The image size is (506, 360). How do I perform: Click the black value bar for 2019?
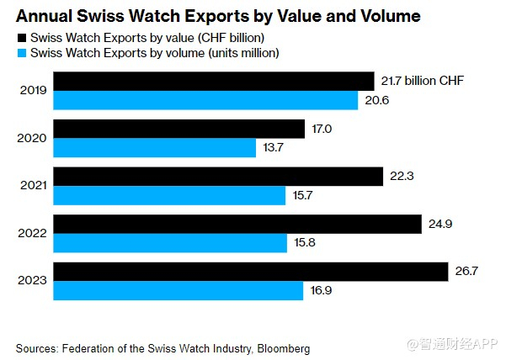coord(214,81)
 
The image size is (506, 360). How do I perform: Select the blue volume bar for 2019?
coord(205,100)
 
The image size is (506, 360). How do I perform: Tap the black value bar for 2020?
coord(179,129)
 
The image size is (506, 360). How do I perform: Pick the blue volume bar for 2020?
coord(155,148)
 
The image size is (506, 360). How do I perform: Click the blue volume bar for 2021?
coord(170,196)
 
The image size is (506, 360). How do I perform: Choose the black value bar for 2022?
coord(237,224)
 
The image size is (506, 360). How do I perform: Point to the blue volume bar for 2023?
coord(178,291)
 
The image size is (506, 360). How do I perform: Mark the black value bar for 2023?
coord(251,272)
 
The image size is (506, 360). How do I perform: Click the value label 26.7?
coord(466,272)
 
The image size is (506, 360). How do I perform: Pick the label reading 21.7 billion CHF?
coord(423,81)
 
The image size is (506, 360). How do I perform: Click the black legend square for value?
coord(21,39)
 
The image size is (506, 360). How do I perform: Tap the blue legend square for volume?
coord(21,53)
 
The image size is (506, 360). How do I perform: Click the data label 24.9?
coord(440,224)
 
